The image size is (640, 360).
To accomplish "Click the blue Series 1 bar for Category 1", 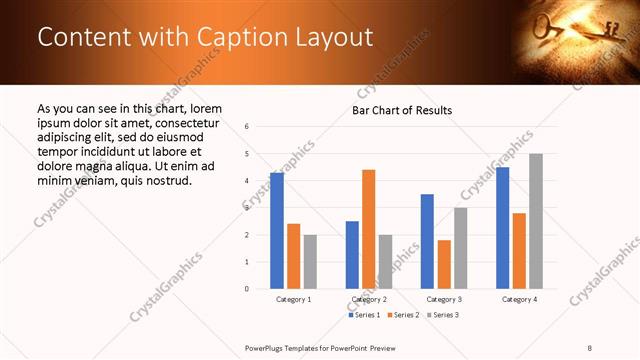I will click(x=277, y=231).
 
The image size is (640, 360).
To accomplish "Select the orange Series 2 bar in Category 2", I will click(x=368, y=229).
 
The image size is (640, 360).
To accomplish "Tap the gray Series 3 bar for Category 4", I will click(x=535, y=221).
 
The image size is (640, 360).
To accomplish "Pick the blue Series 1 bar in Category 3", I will click(x=427, y=241).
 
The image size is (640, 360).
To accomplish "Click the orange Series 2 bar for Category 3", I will click(x=443, y=264).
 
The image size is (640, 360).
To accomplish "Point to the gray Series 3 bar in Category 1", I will click(x=310, y=262).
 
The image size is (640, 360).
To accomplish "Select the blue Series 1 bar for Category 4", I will click(x=502, y=228).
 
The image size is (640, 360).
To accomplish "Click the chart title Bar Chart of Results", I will click(x=401, y=110).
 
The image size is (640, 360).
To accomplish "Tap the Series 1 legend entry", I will click(x=365, y=315).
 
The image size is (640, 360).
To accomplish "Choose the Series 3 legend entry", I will click(x=445, y=315).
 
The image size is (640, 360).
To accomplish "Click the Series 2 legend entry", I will click(x=405, y=315).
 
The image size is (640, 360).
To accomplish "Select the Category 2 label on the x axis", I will click(x=369, y=299).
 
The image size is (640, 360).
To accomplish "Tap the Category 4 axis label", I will click(x=519, y=299).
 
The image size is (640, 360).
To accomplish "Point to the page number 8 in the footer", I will click(x=590, y=347).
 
